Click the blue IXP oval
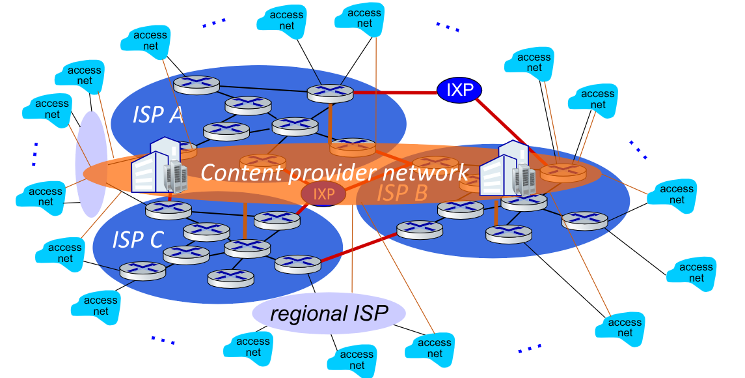[459, 91]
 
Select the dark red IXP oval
[323, 194]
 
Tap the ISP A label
[157, 115]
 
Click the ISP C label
[137, 240]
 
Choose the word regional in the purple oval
[299, 315]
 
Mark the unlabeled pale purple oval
[91, 164]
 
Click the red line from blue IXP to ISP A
[394, 93]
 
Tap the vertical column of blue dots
[34, 154]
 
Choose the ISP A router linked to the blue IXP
[330, 93]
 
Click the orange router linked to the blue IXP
[562, 171]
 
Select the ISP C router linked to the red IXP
[277, 220]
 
